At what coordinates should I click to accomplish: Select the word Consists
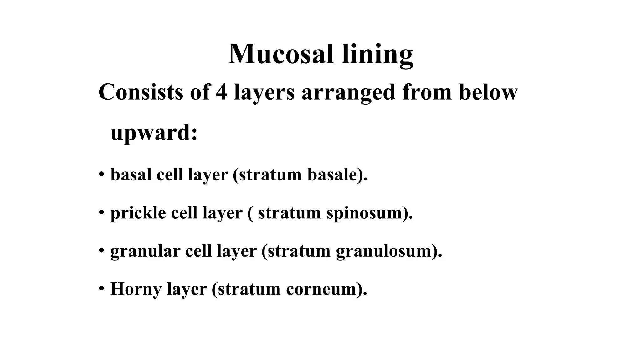(141, 92)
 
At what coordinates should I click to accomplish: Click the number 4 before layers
(221, 92)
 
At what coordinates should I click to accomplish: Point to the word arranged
(348, 93)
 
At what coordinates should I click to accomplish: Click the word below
(488, 92)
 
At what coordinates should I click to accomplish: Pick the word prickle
(138, 213)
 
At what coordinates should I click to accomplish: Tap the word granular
(145, 251)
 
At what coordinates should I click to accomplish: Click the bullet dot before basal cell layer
(101, 174)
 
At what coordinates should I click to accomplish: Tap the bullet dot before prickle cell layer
(101, 212)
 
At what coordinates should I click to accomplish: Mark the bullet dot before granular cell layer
(101, 250)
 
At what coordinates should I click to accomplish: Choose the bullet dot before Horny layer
(101, 288)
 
